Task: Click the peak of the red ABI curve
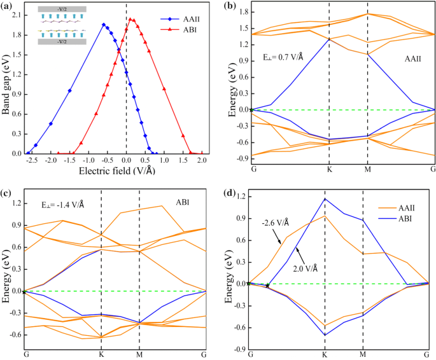tap(131, 19)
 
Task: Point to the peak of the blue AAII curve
tap(104, 25)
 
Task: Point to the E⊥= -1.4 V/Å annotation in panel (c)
tap(61, 205)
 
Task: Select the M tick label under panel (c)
tap(139, 353)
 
